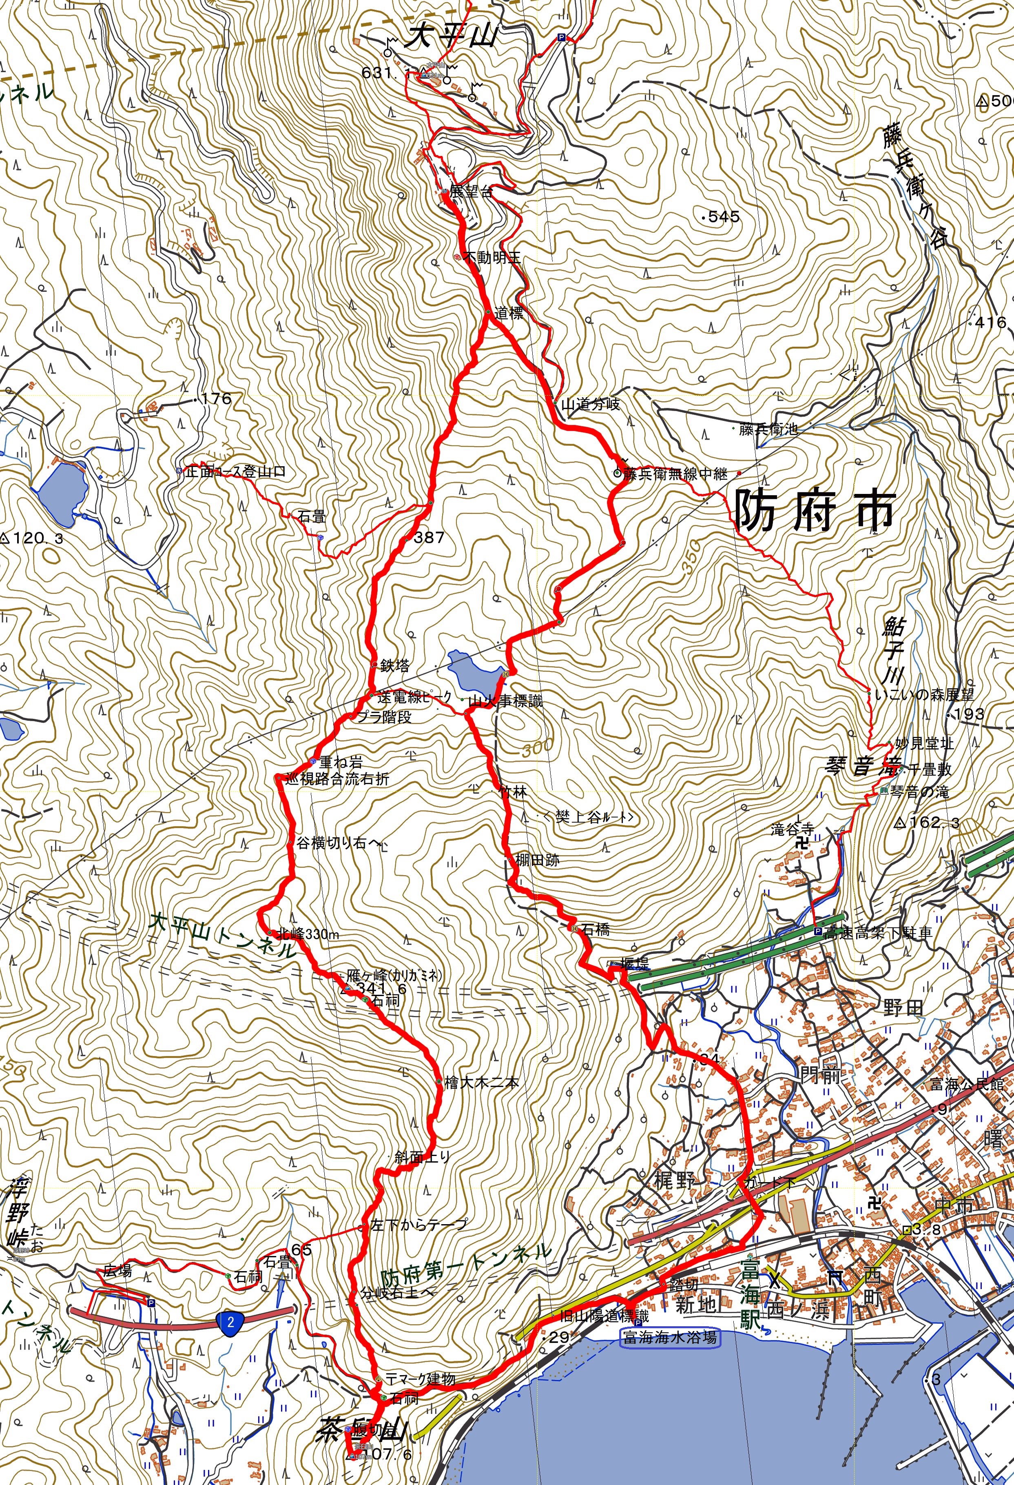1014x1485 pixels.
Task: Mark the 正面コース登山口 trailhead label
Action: [235, 472]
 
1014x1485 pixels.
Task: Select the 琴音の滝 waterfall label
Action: [919, 792]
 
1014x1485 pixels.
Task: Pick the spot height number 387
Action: [428, 538]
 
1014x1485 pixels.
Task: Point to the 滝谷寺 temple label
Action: [793, 830]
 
